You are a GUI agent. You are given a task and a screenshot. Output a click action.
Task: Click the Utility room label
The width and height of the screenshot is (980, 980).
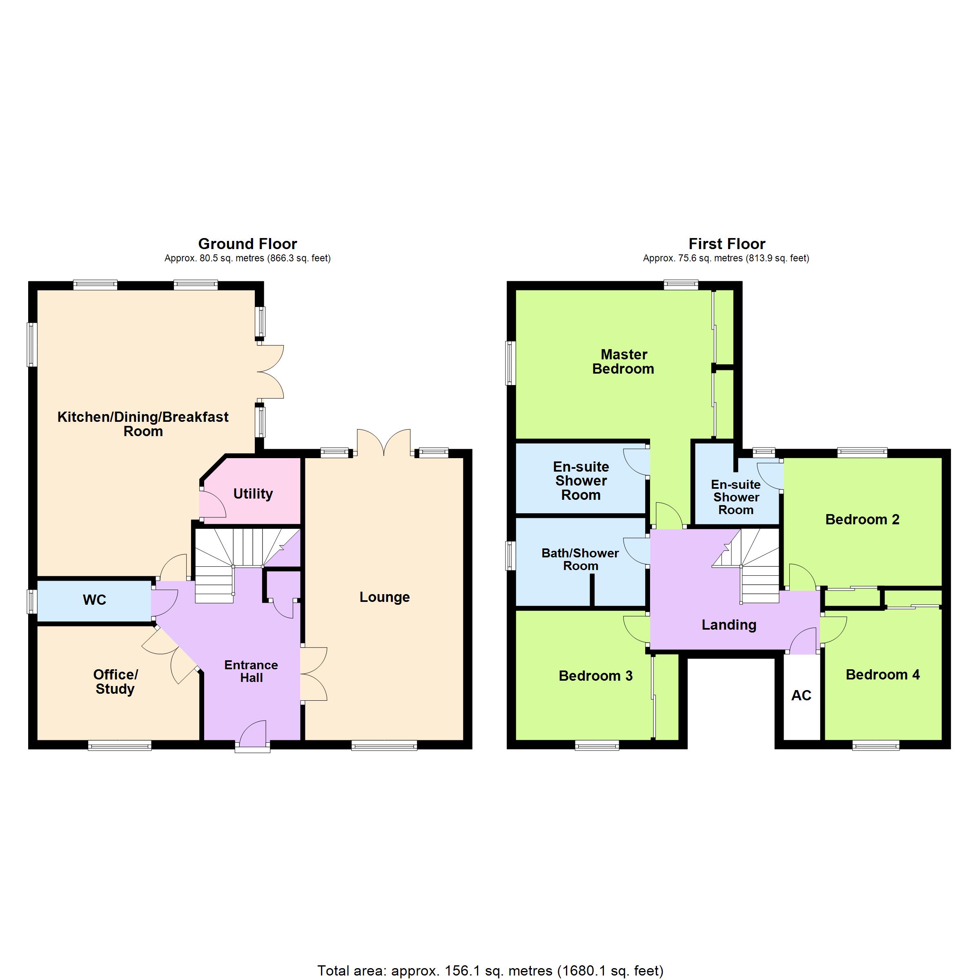tap(253, 494)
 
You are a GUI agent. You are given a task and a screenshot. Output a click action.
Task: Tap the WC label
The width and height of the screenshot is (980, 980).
tap(94, 600)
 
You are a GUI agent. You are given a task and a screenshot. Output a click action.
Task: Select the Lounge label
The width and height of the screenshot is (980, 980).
tap(385, 597)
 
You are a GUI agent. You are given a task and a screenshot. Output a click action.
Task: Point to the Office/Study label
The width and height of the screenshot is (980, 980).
tap(115, 682)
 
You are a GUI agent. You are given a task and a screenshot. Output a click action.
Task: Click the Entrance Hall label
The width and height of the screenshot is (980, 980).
tap(251, 671)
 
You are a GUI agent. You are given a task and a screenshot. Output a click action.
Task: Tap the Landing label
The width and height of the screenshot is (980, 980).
tap(729, 625)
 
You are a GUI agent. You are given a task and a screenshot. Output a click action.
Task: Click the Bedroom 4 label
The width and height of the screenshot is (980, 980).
tap(882, 675)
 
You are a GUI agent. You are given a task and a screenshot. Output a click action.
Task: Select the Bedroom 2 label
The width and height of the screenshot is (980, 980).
tap(862, 519)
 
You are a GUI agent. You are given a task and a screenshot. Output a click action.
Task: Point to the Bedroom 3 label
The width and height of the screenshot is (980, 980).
tap(595, 676)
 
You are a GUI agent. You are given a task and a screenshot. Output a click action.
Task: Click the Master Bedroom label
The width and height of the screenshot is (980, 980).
tap(624, 362)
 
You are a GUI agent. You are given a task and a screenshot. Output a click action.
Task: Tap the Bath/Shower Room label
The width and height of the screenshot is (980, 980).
tap(580, 559)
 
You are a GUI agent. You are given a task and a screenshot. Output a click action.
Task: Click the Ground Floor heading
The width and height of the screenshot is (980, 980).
tap(247, 244)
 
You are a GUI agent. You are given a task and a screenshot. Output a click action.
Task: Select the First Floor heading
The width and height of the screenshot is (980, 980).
tap(727, 244)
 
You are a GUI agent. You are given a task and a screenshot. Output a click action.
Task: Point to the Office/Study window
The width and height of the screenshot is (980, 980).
tap(120, 745)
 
